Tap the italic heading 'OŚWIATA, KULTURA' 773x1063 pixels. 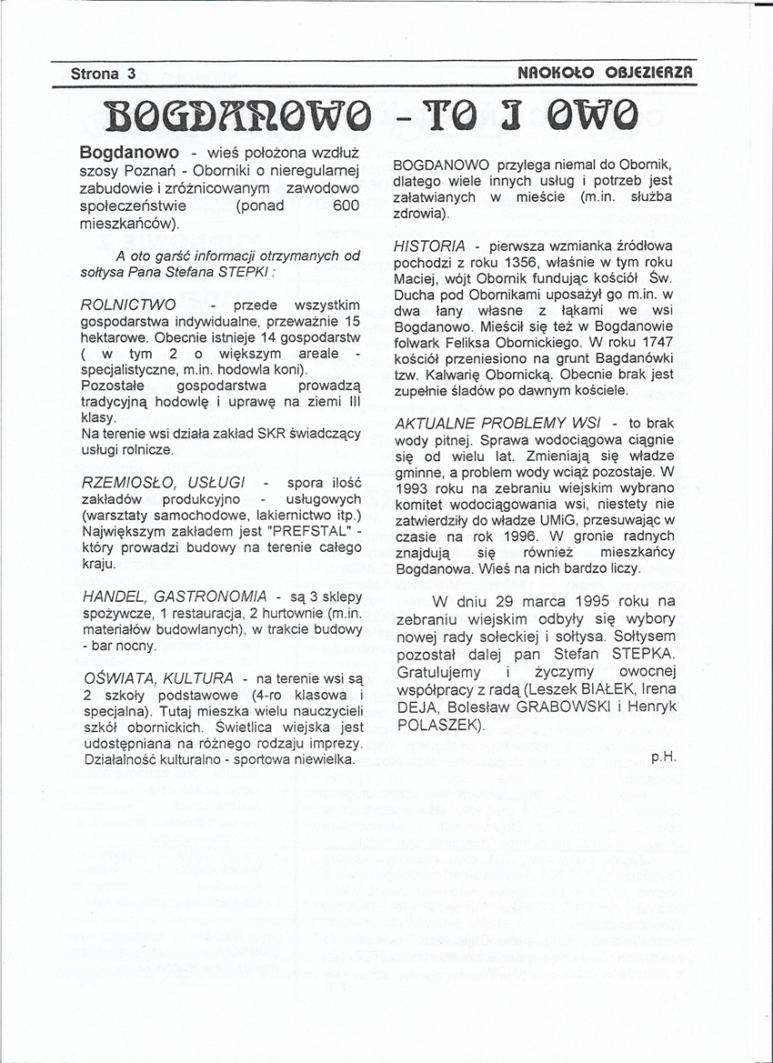pos(156,678)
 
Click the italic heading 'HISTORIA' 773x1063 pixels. pos(429,246)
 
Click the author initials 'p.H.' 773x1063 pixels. pos(663,756)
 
